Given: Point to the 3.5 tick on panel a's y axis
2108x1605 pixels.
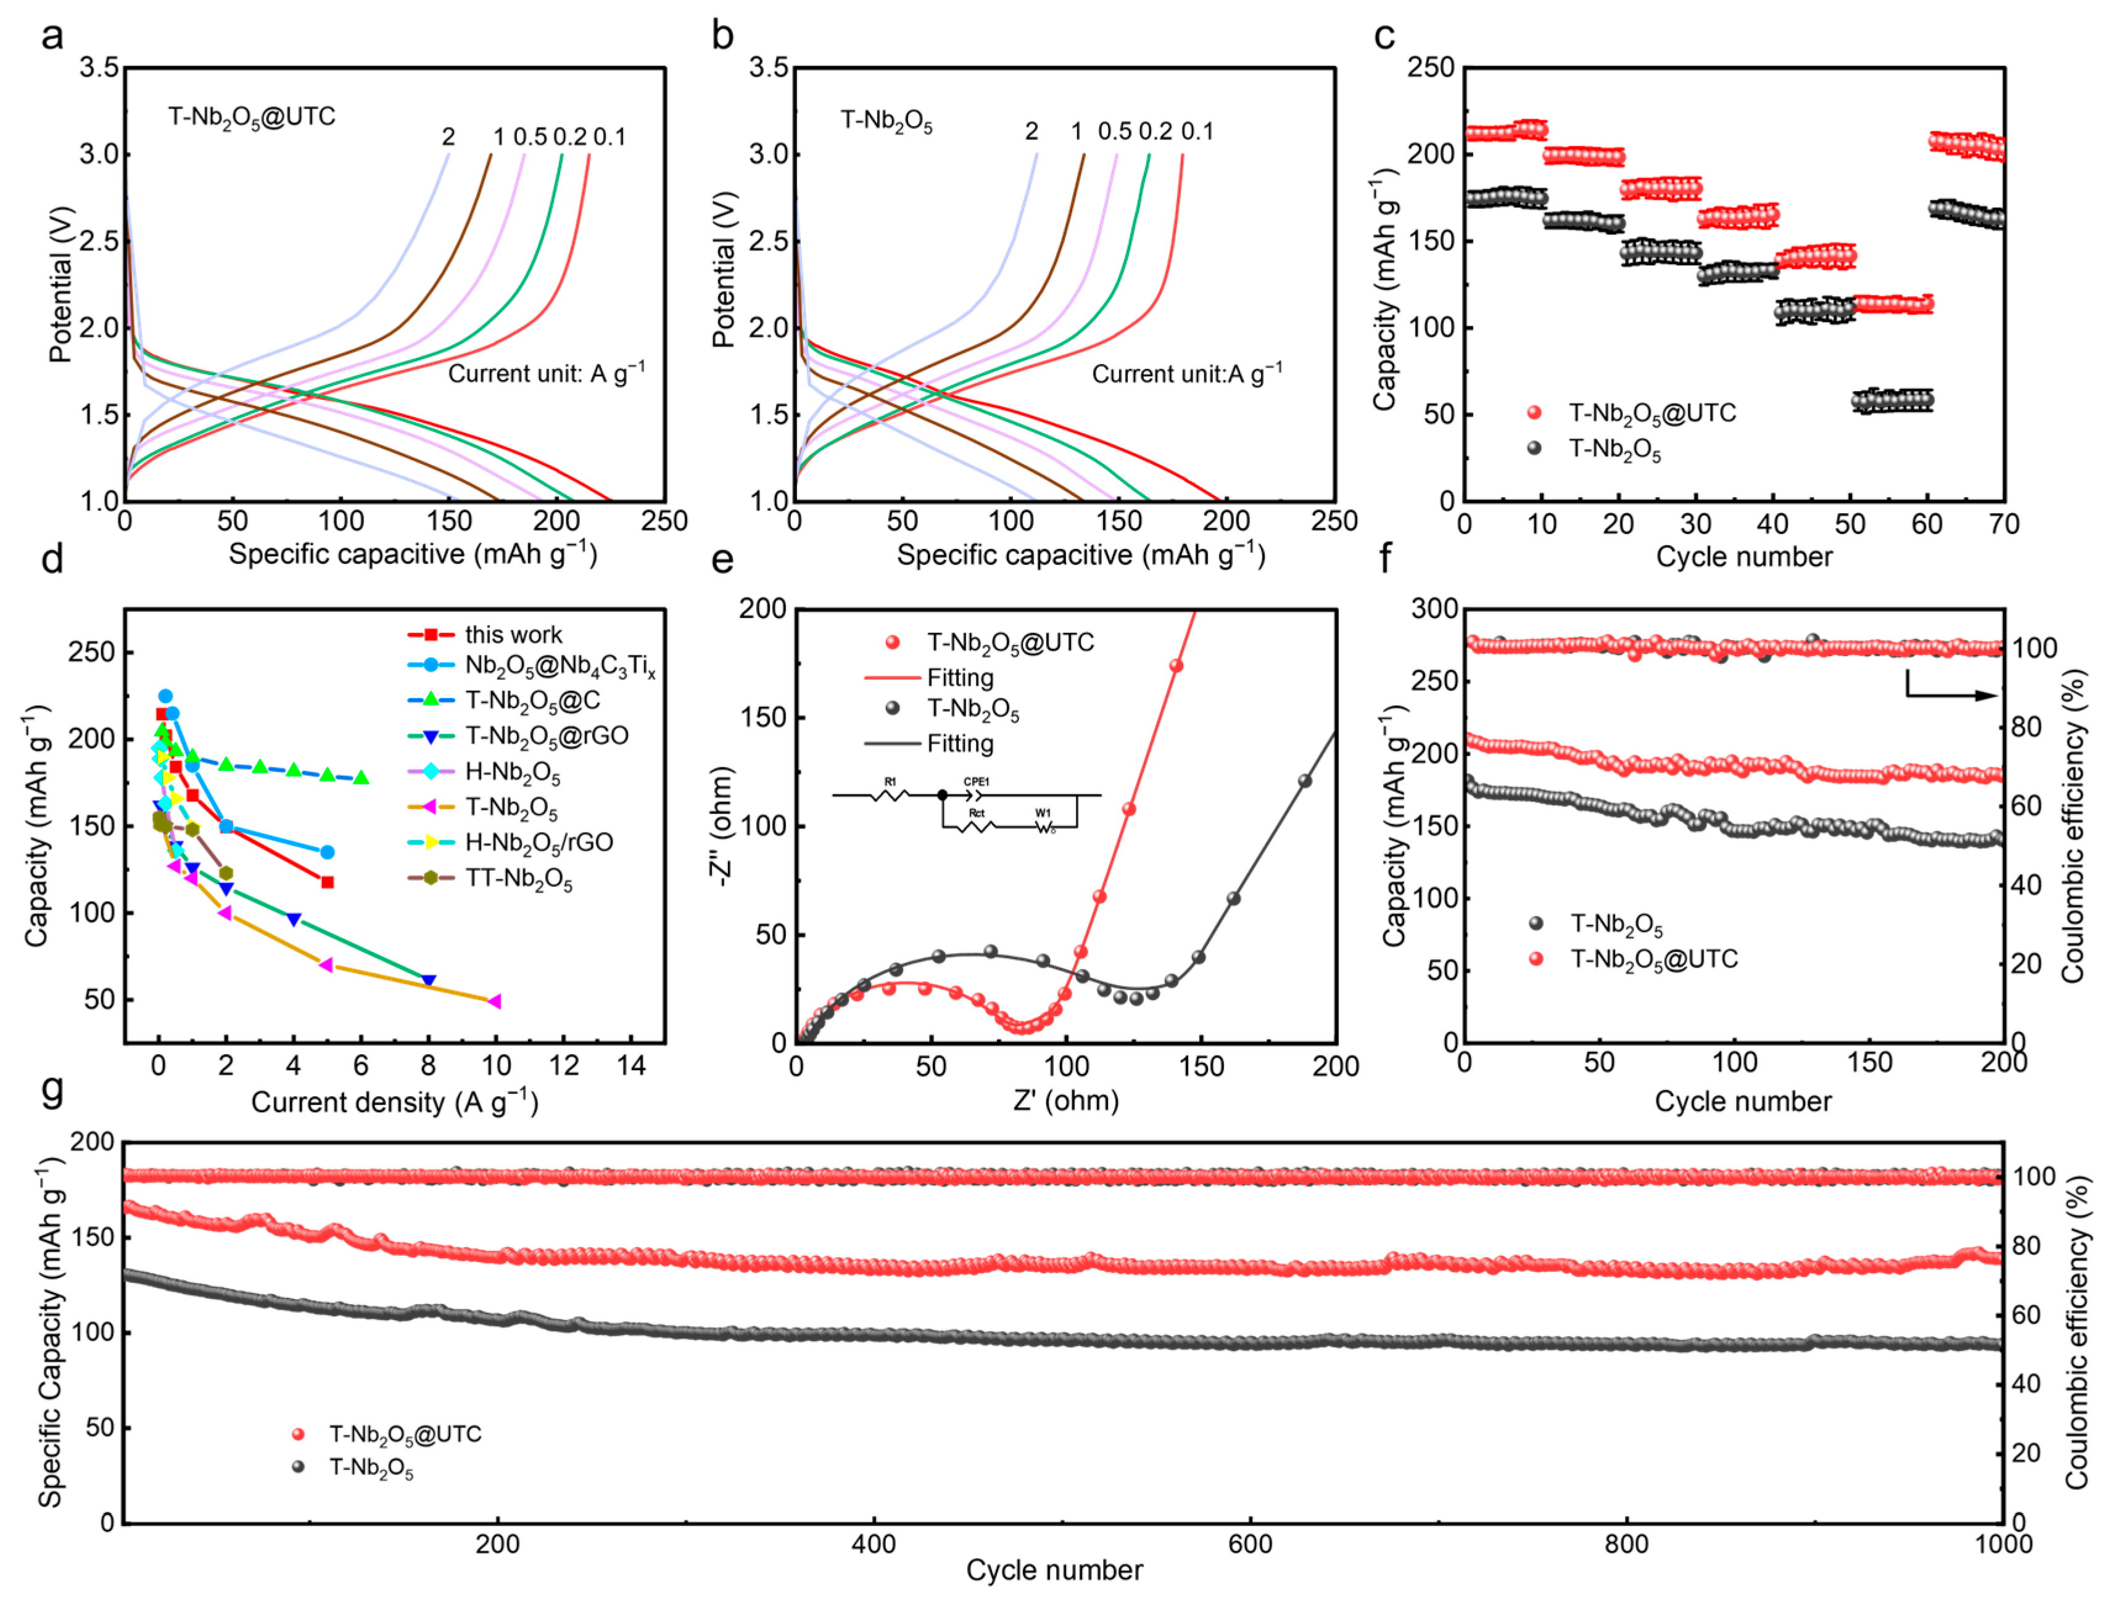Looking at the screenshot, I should pyautogui.click(x=99, y=68).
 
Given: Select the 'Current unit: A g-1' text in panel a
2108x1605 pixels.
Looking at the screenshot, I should pyautogui.click(x=545, y=374).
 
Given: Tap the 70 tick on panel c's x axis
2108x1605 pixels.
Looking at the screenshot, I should pyautogui.click(x=2003, y=524).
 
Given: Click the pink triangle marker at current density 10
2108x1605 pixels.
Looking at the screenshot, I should pyautogui.click(x=494, y=1001).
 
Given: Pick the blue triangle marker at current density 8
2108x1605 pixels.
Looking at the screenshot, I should pyautogui.click(x=428, y=981).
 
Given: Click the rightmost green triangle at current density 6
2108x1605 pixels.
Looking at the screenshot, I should pyautogui.click(x=362, y=778).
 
